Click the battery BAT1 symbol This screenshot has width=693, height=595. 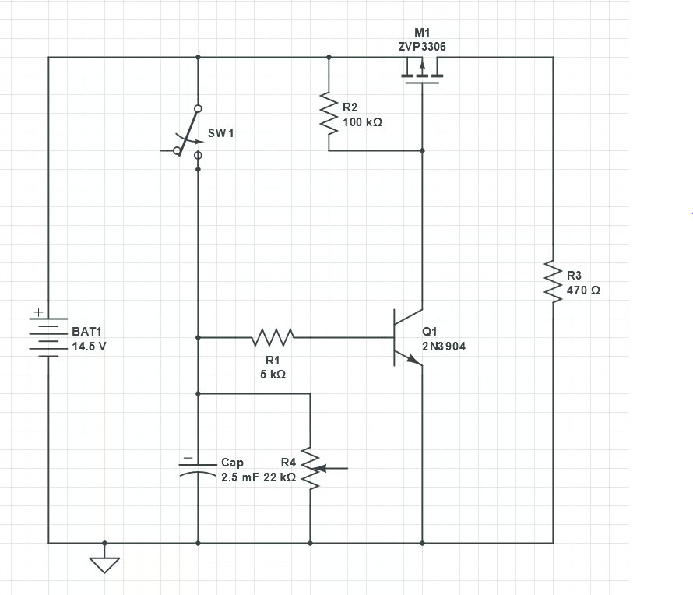(48, 337)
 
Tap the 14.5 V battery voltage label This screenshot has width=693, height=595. (89, 347)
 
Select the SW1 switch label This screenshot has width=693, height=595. (220, 133)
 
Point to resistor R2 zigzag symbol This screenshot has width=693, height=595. (329, 111)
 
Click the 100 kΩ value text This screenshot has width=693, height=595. (362, 123)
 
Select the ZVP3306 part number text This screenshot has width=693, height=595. (422, 47)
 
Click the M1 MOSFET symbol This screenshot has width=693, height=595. (421, 76)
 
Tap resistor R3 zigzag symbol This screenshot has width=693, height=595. (553, 282)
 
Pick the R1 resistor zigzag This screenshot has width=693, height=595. (273, 337)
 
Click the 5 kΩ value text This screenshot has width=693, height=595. (273, 374)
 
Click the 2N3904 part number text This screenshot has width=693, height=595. (444, 347)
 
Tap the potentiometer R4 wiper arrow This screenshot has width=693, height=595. (330, 468)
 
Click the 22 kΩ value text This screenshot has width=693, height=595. (279, 477)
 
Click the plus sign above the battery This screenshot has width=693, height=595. (37, 313)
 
